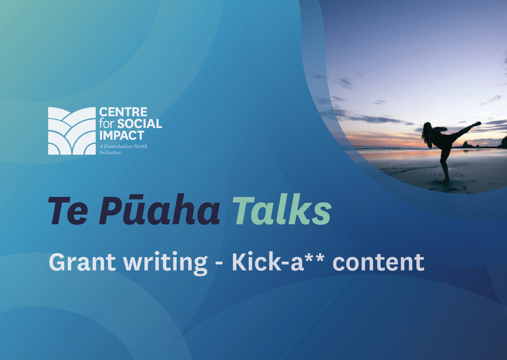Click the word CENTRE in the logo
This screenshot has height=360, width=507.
point(123,112)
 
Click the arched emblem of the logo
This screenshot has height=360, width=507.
point(72,131)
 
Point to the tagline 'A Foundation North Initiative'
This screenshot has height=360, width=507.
point(123,149)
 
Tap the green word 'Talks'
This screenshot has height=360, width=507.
point(282,209)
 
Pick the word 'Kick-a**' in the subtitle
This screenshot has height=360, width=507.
point(278,261)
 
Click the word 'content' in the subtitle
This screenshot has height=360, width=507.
point(378,262)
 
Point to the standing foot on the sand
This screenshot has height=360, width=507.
point(446,180)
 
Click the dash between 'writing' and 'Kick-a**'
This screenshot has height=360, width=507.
point(220,264)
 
